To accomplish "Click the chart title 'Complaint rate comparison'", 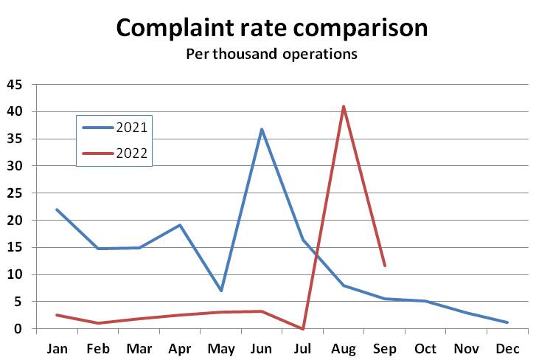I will tap(271, 28).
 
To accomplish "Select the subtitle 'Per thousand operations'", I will tap(271, 55).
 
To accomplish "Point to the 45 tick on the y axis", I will tap(15, 85).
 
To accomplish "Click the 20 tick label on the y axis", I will tap(15, 220).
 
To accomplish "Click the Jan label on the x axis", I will tap(57, 347).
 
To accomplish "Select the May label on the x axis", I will tap(220, 347).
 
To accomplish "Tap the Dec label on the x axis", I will tap(507, 347).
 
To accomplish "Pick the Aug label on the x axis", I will tap(344, 347).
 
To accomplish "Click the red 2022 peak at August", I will tap(344, 106).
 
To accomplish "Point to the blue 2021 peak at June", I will tap(262, 129).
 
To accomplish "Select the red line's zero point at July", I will tap(303, 328).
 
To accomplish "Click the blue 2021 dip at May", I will tap(220, 291).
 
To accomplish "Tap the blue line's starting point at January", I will tap(57, 210).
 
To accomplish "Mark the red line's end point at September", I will tap(385, 266).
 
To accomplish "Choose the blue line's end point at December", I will tap(507, 322).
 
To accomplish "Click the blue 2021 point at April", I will tap(180, 225).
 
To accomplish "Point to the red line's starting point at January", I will tap(57, 315).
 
